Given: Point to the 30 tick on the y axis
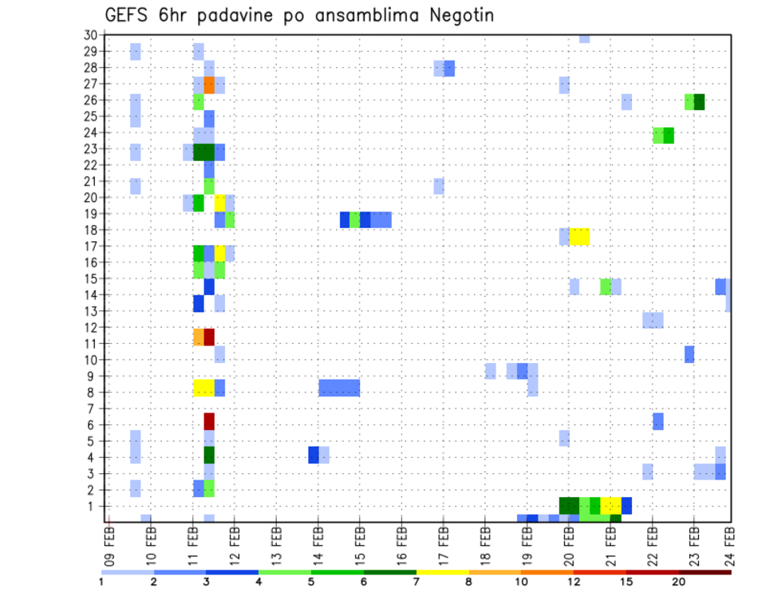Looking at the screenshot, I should (x=90, y=35).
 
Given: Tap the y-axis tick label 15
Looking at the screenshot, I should (x=90, y=278).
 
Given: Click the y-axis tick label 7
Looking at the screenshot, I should (x=93, y=408).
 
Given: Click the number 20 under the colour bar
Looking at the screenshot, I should (x=678, y=582).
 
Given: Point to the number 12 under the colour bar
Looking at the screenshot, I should (x=574, y=582).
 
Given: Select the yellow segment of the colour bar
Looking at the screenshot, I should (x=442, y=571).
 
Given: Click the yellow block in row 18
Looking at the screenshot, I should (x=579, y=237).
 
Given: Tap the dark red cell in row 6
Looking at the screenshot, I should (x=209, y=421).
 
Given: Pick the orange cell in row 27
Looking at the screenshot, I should (x=209, y=85).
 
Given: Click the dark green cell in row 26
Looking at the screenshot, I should (x=699, y=101).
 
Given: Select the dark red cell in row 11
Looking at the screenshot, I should (x=209, y=337).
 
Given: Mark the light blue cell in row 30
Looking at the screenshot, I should (x=584, y=38).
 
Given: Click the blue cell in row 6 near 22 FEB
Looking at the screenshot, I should (x=657, y=421).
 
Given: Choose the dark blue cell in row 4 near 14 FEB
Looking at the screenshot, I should (x=314, y=454).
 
